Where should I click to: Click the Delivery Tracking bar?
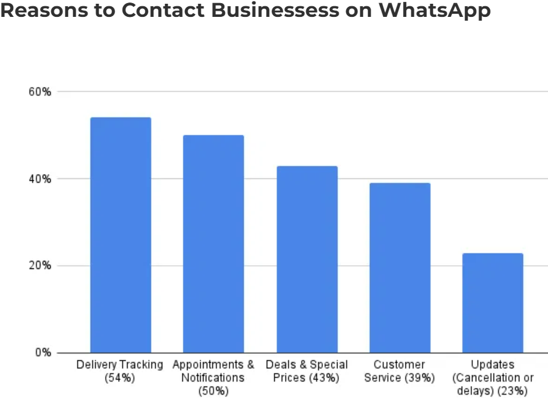click(121, 235)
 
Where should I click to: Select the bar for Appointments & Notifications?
click(213, 243)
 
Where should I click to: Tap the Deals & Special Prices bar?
click(307, 259)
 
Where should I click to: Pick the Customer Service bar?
click(400, 267)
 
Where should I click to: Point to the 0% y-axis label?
click(42, 353)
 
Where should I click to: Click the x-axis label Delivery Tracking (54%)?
click(119, 371)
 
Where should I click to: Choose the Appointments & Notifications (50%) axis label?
click(213, 378)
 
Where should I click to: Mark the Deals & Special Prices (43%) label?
click(307, 371)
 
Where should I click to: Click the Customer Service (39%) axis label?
click(399, 371)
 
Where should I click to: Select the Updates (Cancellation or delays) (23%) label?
click(492, 378)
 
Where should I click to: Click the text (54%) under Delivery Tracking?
click(119, 378)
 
